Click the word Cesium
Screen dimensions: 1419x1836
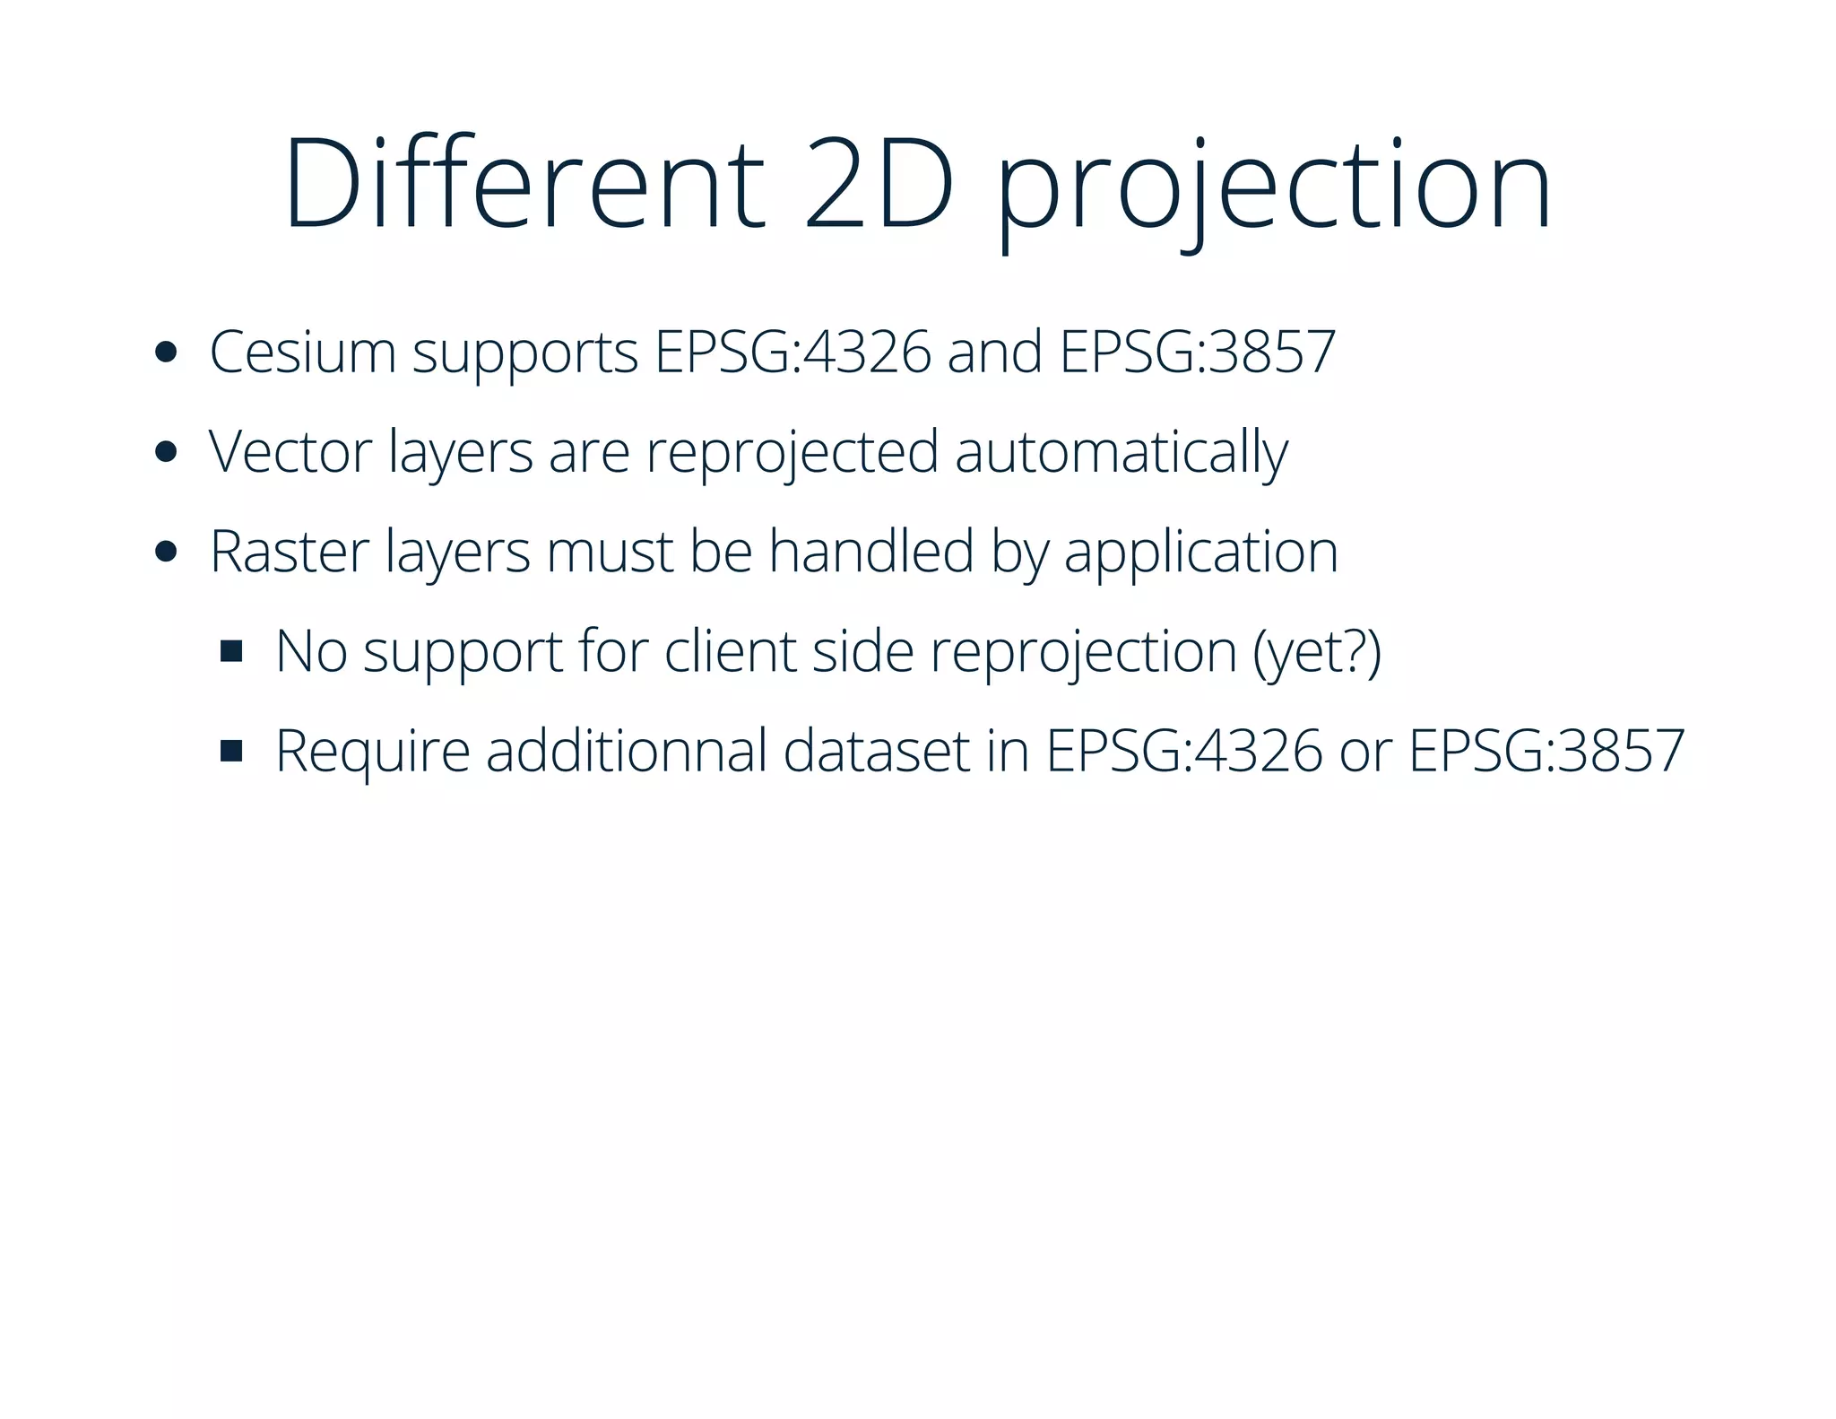(x=302, y=352)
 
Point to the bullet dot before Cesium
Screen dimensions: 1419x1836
(x=165, y=352)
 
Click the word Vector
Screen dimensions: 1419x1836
(x=290, y=451)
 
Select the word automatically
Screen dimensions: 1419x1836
(x=1121, y=453)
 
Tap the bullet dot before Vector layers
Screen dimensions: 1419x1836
(x=165, y=451)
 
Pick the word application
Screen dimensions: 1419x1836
(x=1201, y=553)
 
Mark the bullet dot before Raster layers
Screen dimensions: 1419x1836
(x=165, y=551)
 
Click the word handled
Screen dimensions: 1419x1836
(x=870, y=551)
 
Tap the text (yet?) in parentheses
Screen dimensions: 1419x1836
(x=1317, y=652)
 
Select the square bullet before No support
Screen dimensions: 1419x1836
(x=231, y=651)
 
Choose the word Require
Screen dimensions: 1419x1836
(x=372, y=752)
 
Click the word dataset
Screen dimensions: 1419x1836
(x=877, y=751)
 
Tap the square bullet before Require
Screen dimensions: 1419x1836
(x=231, y=751)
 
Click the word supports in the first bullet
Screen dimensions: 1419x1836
(x=524, y=353)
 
